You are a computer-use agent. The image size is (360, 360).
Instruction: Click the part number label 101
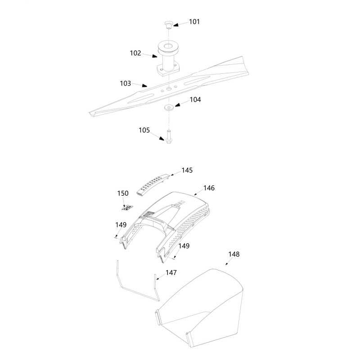coord(194,22)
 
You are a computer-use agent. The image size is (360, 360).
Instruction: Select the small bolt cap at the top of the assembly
coord(168,24)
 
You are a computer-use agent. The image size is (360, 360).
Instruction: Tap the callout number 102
coord(135,53)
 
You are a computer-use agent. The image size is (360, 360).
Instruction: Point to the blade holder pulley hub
coord(168,58)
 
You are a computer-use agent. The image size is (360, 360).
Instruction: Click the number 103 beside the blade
coord(126,83)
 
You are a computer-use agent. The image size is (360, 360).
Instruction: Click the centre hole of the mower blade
coord(169,89)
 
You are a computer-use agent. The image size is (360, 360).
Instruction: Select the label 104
coord(195,99)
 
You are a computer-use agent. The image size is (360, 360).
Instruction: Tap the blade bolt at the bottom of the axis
coord(168,137)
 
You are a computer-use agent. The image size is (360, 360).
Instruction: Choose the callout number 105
coord(144,130)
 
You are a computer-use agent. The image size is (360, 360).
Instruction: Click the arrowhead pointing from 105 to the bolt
coord(162,139)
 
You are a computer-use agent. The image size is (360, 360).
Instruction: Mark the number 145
coord(187,171)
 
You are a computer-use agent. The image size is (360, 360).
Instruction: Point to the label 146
coord(209,188)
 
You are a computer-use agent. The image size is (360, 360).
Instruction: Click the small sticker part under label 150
coord(127,208)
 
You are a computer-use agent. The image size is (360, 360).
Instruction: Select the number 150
coord(123,193)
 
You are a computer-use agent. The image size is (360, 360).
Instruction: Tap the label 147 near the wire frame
coord(171,273)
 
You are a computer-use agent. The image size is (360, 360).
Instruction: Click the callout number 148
coord(234,254)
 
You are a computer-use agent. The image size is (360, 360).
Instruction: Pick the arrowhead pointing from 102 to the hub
coord(154,56)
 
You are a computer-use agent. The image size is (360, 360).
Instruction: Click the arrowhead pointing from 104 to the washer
coord(178,105)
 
